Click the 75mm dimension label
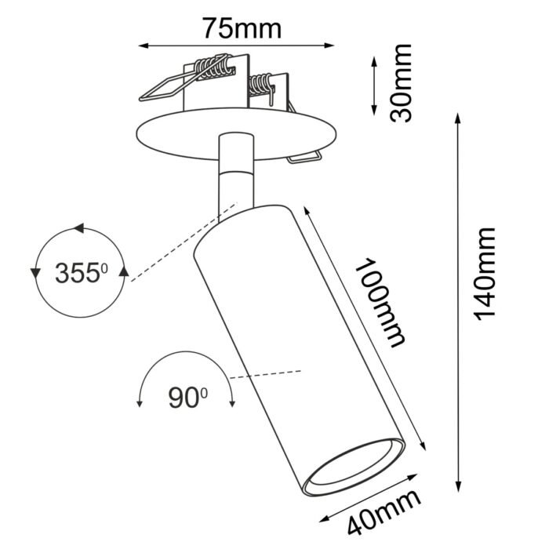click(x=241, y=28)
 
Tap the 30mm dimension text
click(x=402, y=83)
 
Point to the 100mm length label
click(x=380, y=303)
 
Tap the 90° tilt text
click(x=187, y=398)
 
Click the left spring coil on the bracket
click(x=213, y=68)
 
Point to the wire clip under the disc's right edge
click(x=304, y=158)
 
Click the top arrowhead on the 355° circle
click(x=78, y=229)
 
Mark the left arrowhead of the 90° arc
click(x=140, y=403)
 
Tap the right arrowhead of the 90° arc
click(x=233, y=403)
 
